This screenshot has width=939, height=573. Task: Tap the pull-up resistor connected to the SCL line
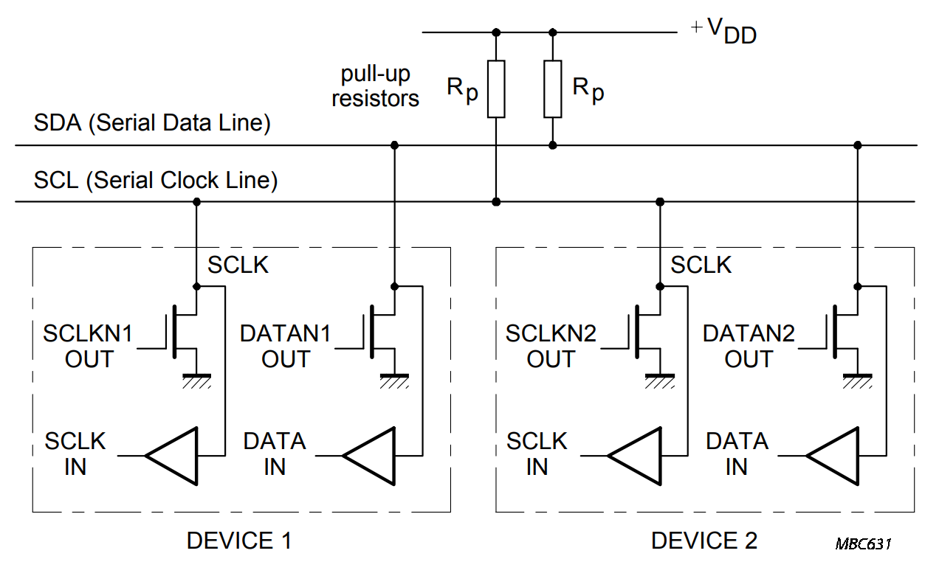point(496,89)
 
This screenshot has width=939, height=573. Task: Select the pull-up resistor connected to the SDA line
point(553,89)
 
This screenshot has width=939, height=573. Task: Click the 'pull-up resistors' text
point(375,86)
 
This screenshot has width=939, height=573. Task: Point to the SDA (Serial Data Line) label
point(152,123)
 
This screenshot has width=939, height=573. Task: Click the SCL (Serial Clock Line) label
point(156,181)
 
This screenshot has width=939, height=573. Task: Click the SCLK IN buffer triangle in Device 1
point(172,456)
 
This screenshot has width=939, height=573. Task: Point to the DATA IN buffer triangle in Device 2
point(833,456)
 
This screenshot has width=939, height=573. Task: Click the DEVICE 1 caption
point(238,541)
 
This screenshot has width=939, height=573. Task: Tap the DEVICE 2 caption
point(704,541)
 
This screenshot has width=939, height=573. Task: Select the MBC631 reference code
point(864,544)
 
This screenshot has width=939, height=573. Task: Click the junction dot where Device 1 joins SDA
point(394,145)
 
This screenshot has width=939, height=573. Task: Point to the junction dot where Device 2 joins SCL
point(660,201)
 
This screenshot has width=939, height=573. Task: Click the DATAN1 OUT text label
point(285,347)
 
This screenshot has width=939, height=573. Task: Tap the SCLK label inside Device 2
point(701,265)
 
